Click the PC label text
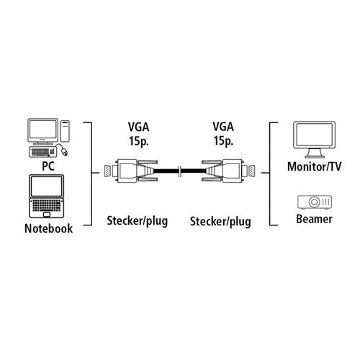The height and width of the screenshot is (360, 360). (48, 166)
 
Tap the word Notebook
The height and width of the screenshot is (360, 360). (48, 228)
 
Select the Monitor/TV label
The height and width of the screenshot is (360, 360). (314, 166)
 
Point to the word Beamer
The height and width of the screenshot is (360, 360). (314, 219)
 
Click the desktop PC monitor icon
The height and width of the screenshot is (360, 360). (43, 132)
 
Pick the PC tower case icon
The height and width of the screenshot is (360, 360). (65, 131)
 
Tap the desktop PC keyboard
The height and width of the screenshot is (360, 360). (42, 152)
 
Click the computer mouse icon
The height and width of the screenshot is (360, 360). (63, 150)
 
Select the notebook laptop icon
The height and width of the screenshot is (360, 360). (47, 196)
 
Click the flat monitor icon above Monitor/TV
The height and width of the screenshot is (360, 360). (315, 140)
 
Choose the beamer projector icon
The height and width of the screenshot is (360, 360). (315, 202)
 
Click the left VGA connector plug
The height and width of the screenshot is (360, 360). (131, 171)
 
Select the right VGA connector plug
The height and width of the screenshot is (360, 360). (228, 171)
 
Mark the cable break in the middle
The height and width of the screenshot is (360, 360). (179, 171)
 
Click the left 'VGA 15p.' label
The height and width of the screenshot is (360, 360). (139, 134)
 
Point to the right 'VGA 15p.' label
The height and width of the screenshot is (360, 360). (223, 133)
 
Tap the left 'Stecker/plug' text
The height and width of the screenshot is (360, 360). (138, 221)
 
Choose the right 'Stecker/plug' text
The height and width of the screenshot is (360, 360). (220, 222)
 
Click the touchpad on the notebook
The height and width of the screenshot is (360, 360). (47, 215)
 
